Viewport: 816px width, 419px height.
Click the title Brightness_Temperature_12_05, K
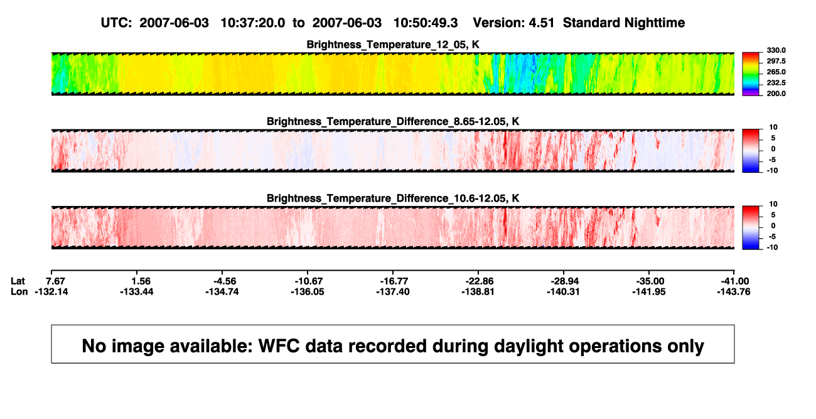393,45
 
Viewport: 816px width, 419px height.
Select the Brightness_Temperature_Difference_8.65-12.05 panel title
393,121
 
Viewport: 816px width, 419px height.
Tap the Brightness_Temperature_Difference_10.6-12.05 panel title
393,199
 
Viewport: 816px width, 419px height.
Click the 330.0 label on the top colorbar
776,50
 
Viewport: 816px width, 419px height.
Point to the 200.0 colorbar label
776,94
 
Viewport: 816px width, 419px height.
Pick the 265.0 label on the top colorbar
776,72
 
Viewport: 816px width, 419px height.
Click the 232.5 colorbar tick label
776,83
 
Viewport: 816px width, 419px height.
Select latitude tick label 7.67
55,281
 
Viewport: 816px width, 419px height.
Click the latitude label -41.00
735,281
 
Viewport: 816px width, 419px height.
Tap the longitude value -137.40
393,291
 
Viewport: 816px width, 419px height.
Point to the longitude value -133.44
137,291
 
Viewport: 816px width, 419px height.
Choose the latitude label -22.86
479,281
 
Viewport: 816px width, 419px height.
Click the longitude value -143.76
734,291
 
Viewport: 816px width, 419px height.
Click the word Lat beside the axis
18,281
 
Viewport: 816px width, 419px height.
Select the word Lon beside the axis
19,291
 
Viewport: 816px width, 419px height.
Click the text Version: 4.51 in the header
513,23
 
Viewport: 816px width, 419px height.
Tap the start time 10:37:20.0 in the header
253,23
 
